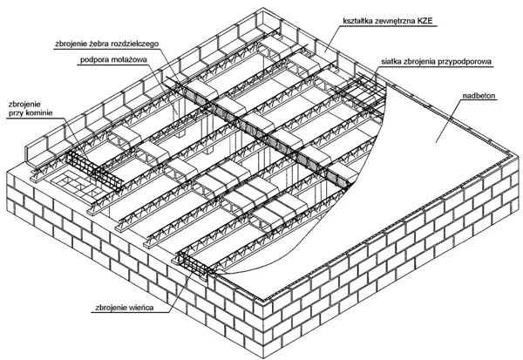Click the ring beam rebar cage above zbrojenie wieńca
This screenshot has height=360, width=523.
[x=196, y=265]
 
